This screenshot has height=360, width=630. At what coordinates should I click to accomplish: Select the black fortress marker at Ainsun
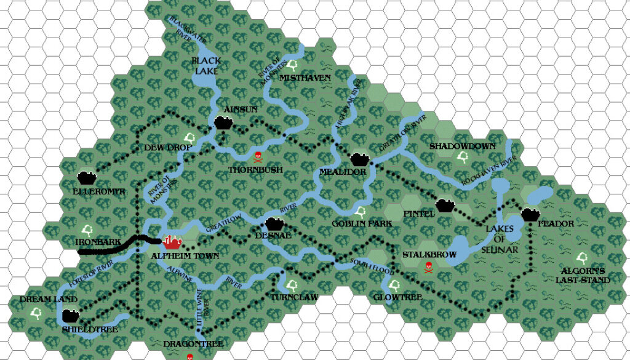click(x=223, y=122)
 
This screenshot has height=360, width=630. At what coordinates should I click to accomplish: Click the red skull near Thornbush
click(x=258, y=156)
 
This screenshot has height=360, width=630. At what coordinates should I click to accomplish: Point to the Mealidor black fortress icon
click(x=359, y=159)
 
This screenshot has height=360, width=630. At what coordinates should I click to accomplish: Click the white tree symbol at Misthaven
click(x=292, y=63)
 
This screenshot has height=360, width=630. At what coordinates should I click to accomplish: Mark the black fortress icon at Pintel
click(x=444, y=205)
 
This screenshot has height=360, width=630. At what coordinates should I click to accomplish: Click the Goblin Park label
click(x=362, y=224)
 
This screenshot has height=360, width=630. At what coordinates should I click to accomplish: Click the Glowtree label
click(x=398, y=297)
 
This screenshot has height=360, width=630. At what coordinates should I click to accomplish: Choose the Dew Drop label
click(x=163, y=148)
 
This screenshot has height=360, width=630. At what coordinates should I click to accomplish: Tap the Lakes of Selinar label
click(x=499, y=238)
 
